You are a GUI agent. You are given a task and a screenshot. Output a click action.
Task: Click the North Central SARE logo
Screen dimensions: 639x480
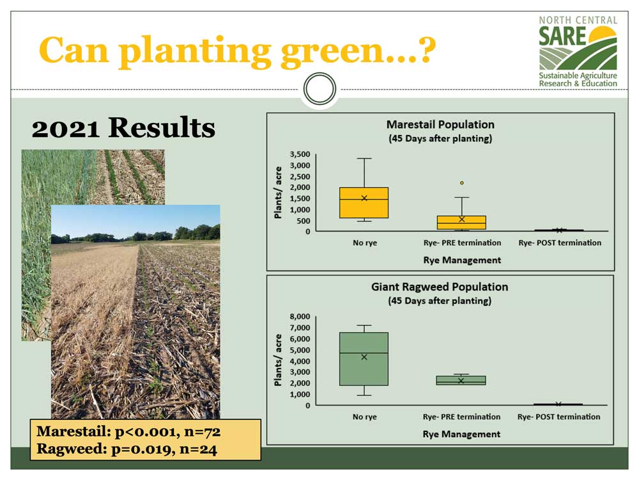(x=578, y=51)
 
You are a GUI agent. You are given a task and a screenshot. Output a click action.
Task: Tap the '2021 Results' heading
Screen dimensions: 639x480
(x=123, y=128)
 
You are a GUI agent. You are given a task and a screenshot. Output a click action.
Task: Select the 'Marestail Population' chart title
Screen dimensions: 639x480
(x=440, y=125)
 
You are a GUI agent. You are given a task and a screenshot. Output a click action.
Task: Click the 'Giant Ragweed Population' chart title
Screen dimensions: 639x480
(x=440, y=287)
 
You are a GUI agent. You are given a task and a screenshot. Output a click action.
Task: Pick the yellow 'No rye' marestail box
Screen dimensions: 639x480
(x=364, y=203)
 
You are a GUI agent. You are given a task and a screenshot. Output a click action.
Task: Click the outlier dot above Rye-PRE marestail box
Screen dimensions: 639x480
(x=462, y=183)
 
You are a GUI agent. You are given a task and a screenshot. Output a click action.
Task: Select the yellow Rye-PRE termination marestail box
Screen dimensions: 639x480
(x=461, y=223)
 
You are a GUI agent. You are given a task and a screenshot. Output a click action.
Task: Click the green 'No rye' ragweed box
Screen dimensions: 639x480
(x=364, y=359)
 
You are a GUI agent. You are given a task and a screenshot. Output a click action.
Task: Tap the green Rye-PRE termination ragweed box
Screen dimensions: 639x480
(x=461, y=380)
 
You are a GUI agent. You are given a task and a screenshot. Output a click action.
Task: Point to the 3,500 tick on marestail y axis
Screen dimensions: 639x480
(x=300, y=154)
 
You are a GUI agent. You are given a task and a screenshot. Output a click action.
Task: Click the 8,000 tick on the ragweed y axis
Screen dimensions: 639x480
(x=300, y=317)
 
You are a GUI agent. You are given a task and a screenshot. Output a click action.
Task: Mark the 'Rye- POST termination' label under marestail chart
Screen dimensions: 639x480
(x=560, y=243)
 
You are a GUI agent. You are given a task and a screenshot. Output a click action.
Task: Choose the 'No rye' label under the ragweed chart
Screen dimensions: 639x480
(x=365, y=417)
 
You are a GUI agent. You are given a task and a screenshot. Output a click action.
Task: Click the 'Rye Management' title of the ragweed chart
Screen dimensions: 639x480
(x=461, y=435)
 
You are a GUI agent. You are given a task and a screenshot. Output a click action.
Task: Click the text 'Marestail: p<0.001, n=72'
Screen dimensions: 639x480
(x=128, y=432)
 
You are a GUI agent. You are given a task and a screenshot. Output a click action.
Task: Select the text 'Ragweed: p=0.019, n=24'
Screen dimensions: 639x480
(x=127, y=449)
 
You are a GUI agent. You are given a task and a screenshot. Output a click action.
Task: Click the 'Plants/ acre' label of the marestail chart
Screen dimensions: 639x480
(x=278, y=193)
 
